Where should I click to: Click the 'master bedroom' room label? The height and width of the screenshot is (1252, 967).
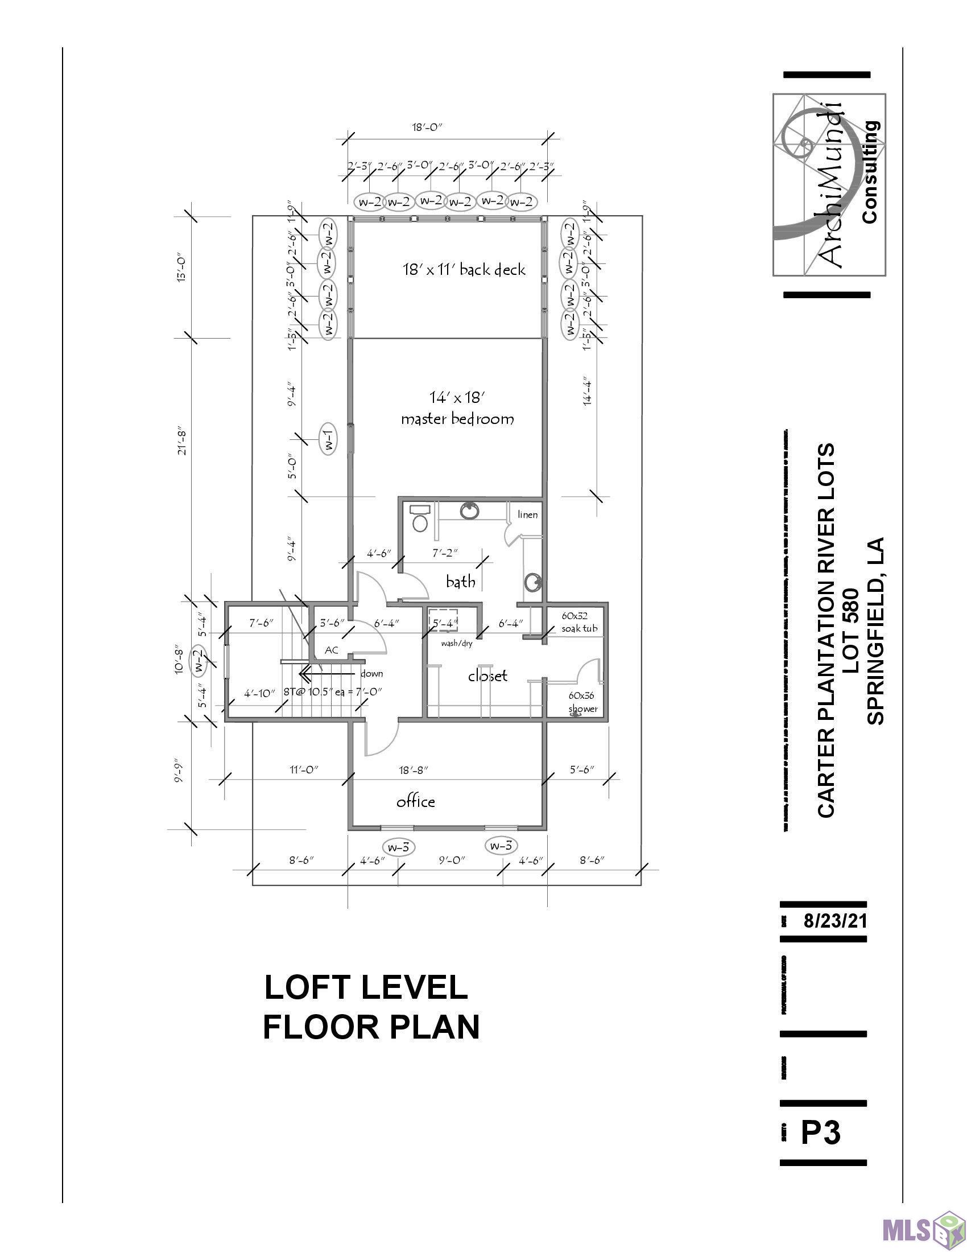coord(457,419)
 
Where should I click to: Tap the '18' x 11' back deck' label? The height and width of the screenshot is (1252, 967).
coord(464,269)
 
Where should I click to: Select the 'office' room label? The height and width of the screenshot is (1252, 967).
coord(416,801)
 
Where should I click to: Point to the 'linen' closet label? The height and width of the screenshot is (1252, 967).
coord(528,514)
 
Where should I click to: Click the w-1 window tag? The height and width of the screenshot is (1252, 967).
coord(329,440)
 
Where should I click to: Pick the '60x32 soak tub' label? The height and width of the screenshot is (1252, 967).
coord(579,622)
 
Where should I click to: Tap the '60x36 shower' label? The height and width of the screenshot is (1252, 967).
coord(582,702)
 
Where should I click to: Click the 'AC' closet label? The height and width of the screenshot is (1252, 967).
coord(332,650)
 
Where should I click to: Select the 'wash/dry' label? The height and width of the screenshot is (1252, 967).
coord(457,644)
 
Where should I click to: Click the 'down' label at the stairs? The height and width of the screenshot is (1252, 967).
coord(371,674)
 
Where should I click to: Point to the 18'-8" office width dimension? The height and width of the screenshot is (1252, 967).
coord(414,769)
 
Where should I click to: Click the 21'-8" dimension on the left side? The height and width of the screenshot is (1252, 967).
coord(182,440)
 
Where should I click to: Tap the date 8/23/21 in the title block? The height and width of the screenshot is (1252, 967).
coord(835,921)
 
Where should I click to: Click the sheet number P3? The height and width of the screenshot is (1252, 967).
coord(820,1132)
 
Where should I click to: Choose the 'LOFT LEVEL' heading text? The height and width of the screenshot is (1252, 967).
coord(366,988)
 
